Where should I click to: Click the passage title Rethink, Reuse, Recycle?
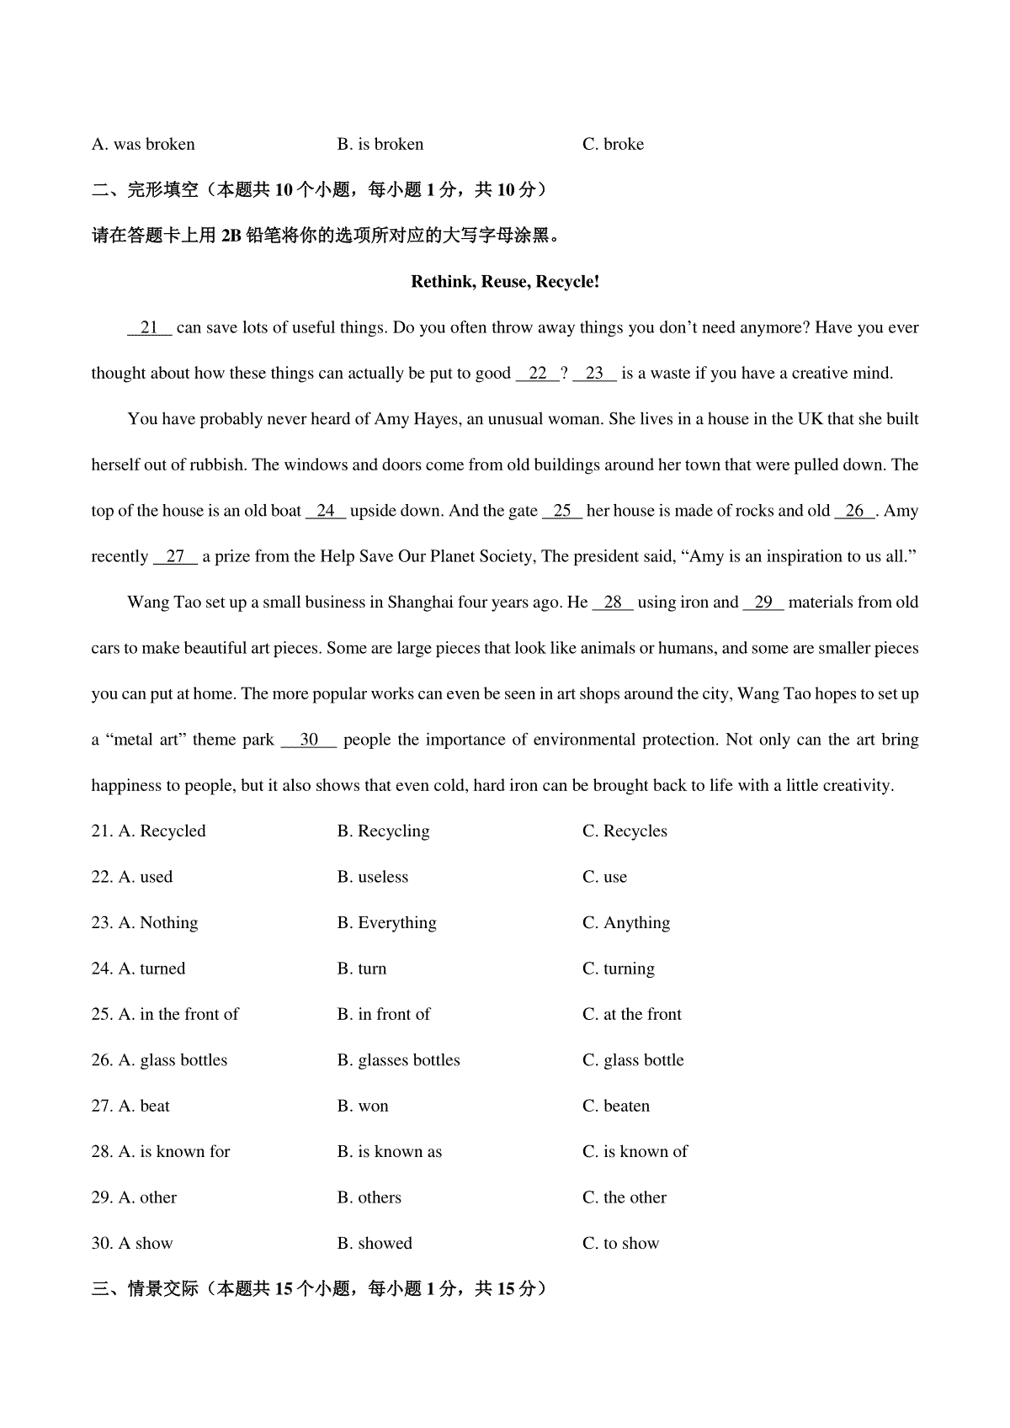coord(505,282)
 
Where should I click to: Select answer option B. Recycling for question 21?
coord(383,831)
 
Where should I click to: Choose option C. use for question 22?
coord(604,877)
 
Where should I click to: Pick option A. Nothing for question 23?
coord(145,923)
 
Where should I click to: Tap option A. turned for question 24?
coord(138,969)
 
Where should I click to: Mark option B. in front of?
coord(383,1015)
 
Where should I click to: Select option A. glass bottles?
coord(159,1060)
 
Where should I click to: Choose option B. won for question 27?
coord(363,1107)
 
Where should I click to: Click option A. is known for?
coord(161,1152)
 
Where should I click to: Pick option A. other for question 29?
coord(134,1197)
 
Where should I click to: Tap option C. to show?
coord(620,1244)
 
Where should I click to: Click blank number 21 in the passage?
coord(150,328)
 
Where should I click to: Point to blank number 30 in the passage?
coord(309,740)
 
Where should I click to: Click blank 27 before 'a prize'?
coord(175,556)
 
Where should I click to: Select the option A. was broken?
coord(143,145)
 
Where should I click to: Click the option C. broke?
coord(613,145)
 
